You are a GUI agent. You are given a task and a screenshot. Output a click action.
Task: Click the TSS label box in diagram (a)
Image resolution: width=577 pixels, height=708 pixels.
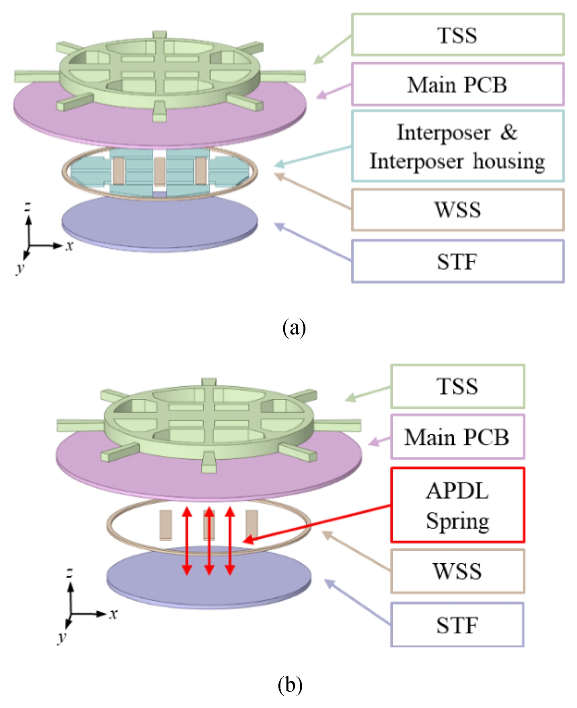tap(457, 34)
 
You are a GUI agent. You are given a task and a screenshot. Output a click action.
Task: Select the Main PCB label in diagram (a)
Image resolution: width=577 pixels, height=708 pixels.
tap(457, 84)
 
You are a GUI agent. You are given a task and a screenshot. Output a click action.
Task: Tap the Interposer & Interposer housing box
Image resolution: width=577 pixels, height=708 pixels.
tap(457, 146)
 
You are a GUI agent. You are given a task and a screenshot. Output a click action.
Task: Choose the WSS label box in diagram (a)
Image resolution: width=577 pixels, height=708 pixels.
tap(457, 210)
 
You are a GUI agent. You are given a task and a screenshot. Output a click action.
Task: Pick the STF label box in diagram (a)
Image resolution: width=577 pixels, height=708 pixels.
tap(457, 262)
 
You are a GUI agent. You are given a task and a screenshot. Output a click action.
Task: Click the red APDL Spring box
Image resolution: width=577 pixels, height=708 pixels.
tap(457, 505)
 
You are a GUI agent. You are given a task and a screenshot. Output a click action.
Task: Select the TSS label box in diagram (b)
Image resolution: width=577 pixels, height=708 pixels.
tap(457, 386)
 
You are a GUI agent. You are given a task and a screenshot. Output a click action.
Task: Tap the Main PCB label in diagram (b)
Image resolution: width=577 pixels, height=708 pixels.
tap(457, 437)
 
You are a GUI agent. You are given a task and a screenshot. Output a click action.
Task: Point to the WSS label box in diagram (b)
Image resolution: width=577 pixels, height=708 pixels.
tap(457, 571)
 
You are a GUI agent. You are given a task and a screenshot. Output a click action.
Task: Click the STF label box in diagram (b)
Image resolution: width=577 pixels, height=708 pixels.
tap(457, 625)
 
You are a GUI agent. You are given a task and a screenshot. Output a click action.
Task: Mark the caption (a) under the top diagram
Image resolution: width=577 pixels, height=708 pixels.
tap(294, 328)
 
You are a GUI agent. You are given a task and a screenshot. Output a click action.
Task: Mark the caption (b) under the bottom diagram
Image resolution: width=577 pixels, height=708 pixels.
tap(290, 685)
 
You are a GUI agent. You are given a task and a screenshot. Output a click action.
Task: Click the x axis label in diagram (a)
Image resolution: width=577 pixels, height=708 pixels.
tap(70, 245)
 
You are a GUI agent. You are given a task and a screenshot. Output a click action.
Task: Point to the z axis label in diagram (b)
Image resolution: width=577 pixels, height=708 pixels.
tap(70, 572)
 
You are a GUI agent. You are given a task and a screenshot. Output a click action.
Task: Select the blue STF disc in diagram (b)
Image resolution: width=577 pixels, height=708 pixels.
tap(209, 582)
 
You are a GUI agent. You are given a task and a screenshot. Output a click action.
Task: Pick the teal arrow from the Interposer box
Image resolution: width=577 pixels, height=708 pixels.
tap(313, 156)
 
